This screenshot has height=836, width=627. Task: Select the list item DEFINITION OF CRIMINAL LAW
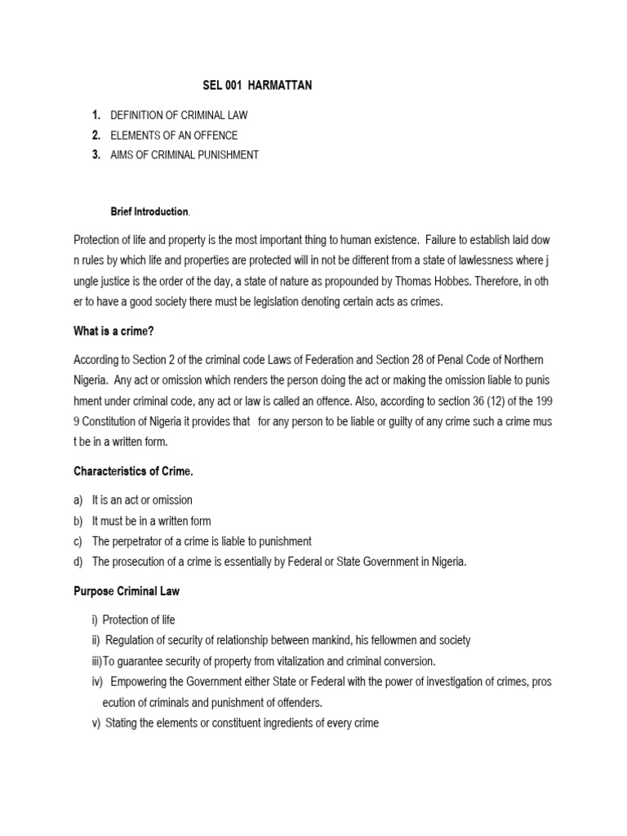tap(179, 116)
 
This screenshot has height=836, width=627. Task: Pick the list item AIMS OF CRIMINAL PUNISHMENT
tap(185, 155)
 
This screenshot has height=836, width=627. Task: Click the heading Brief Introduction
tap(149, 211)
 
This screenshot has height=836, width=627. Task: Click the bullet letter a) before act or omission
tap(79, 500)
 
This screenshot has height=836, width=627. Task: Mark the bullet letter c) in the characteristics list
tap(79, 541)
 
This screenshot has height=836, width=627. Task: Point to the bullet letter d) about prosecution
tap(79, 562)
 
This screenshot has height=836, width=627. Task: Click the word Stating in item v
tap(124, 723)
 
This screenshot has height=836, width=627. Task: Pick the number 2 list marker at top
tap(96, 136)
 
